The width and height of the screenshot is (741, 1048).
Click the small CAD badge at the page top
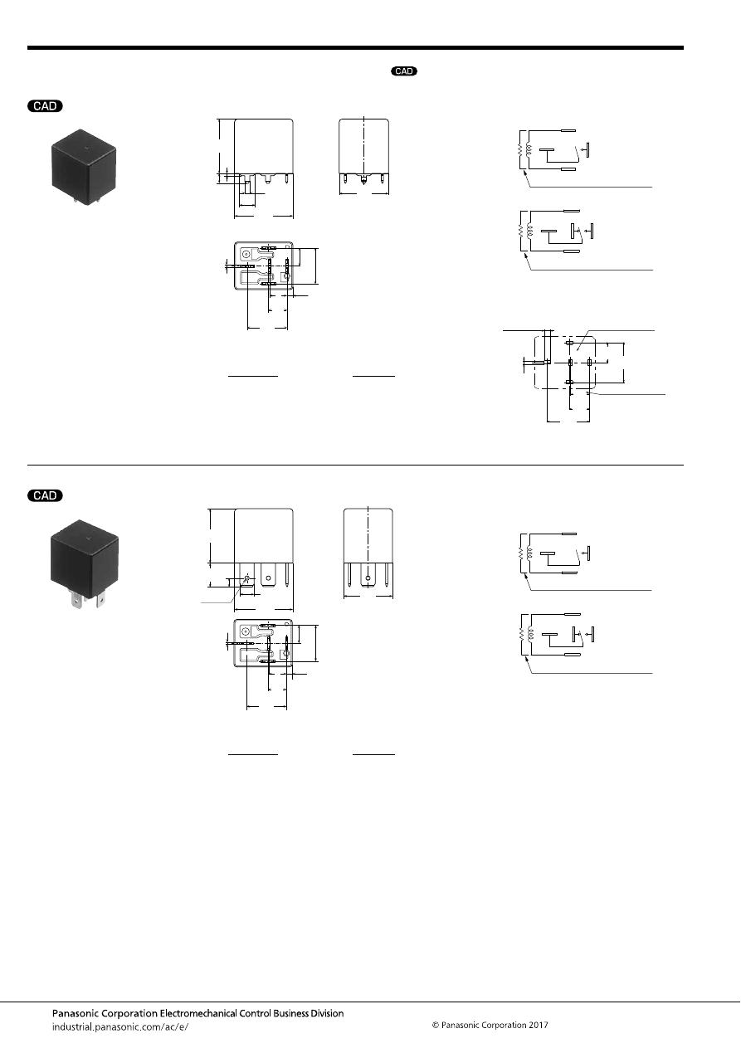404,71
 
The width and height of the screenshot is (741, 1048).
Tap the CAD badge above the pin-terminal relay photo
45,106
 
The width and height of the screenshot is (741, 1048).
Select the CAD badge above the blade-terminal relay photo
45,495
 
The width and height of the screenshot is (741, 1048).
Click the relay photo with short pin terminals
84,167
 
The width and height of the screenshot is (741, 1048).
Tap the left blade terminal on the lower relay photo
76,600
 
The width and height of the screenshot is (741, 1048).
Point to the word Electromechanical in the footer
198,1013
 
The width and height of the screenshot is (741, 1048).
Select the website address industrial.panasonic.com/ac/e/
120,1027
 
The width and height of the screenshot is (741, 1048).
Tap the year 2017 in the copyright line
538,1025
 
